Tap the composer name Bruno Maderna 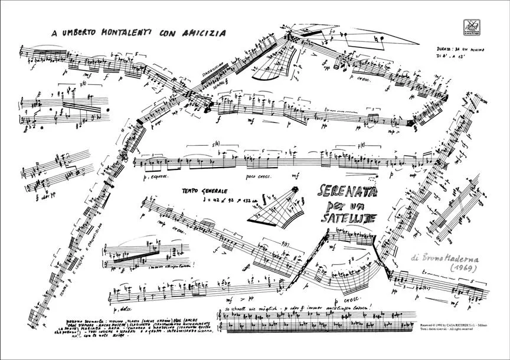point(450,258)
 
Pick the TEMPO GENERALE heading point(207,191)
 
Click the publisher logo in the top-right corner point(472,27)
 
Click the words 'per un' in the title point(342,206)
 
